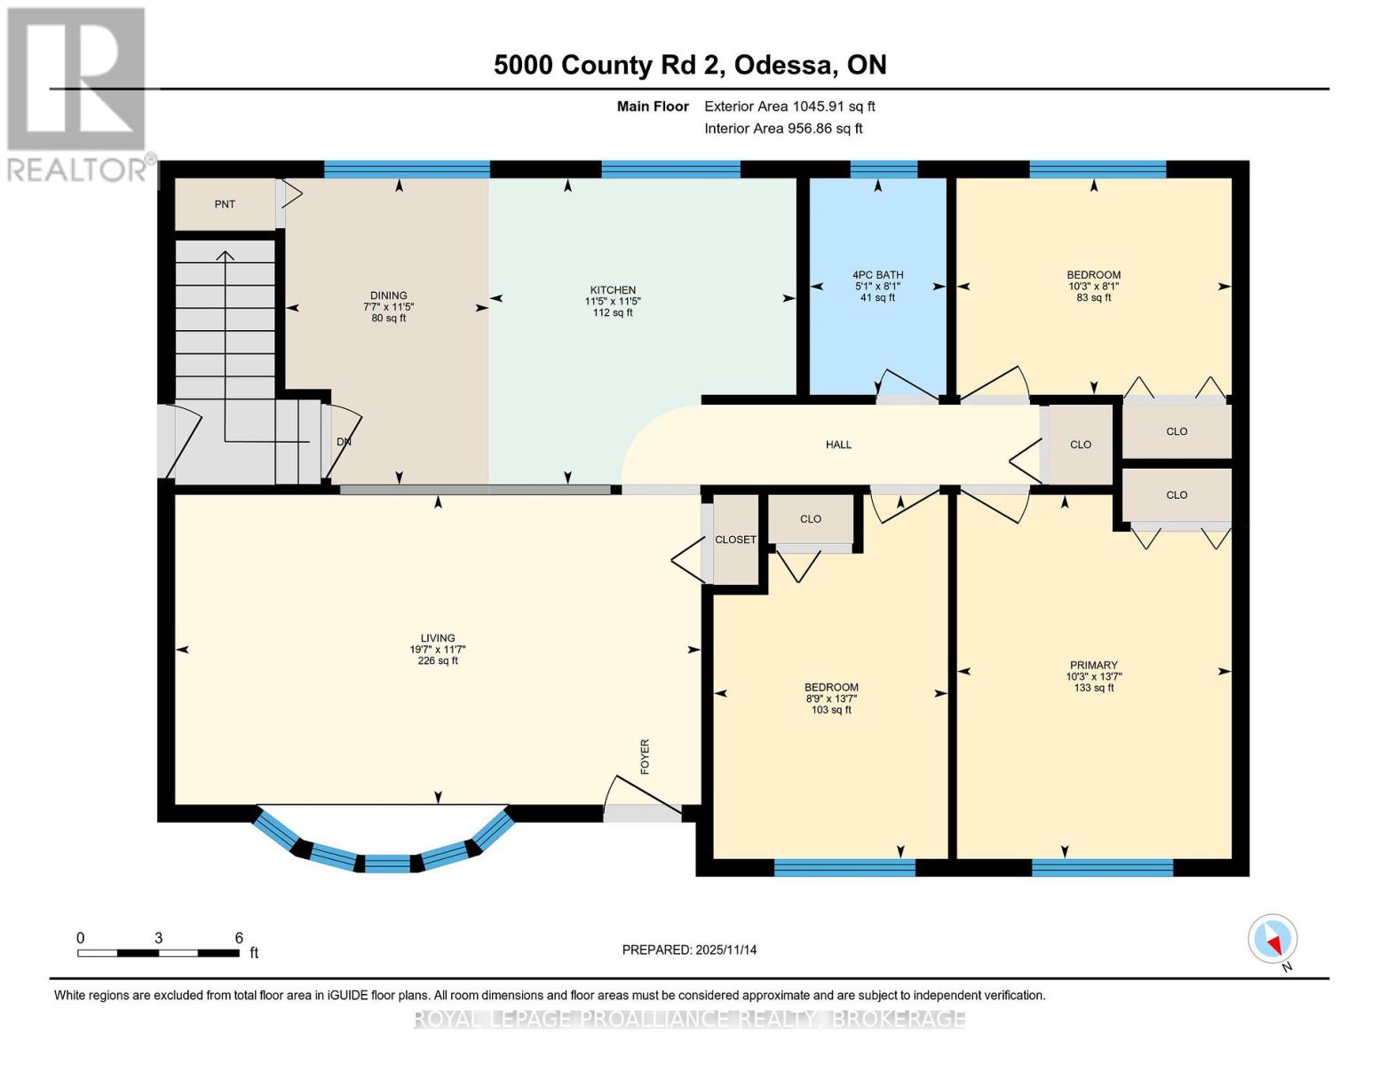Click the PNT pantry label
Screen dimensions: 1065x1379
225,204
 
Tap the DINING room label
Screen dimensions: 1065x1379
388,296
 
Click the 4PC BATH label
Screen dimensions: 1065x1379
877,275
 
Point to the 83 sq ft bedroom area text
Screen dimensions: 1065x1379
1093,298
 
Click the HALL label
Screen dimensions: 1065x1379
838,445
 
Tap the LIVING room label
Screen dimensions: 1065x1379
438,638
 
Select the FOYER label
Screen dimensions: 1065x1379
646,756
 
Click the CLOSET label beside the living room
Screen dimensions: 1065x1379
735,540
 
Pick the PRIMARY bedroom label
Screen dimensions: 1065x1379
1093,665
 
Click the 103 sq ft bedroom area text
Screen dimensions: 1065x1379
831,710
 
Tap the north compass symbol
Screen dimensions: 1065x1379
1273,940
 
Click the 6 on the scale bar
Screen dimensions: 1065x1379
239,938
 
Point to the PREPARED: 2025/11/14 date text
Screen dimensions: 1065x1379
689,950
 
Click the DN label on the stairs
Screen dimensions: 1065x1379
344,441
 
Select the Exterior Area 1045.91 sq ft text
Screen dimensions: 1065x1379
789,106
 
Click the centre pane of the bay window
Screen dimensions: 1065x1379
387,864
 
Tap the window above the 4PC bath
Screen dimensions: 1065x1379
884,170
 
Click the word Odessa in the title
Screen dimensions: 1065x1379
783,65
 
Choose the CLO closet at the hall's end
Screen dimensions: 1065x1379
1080,445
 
